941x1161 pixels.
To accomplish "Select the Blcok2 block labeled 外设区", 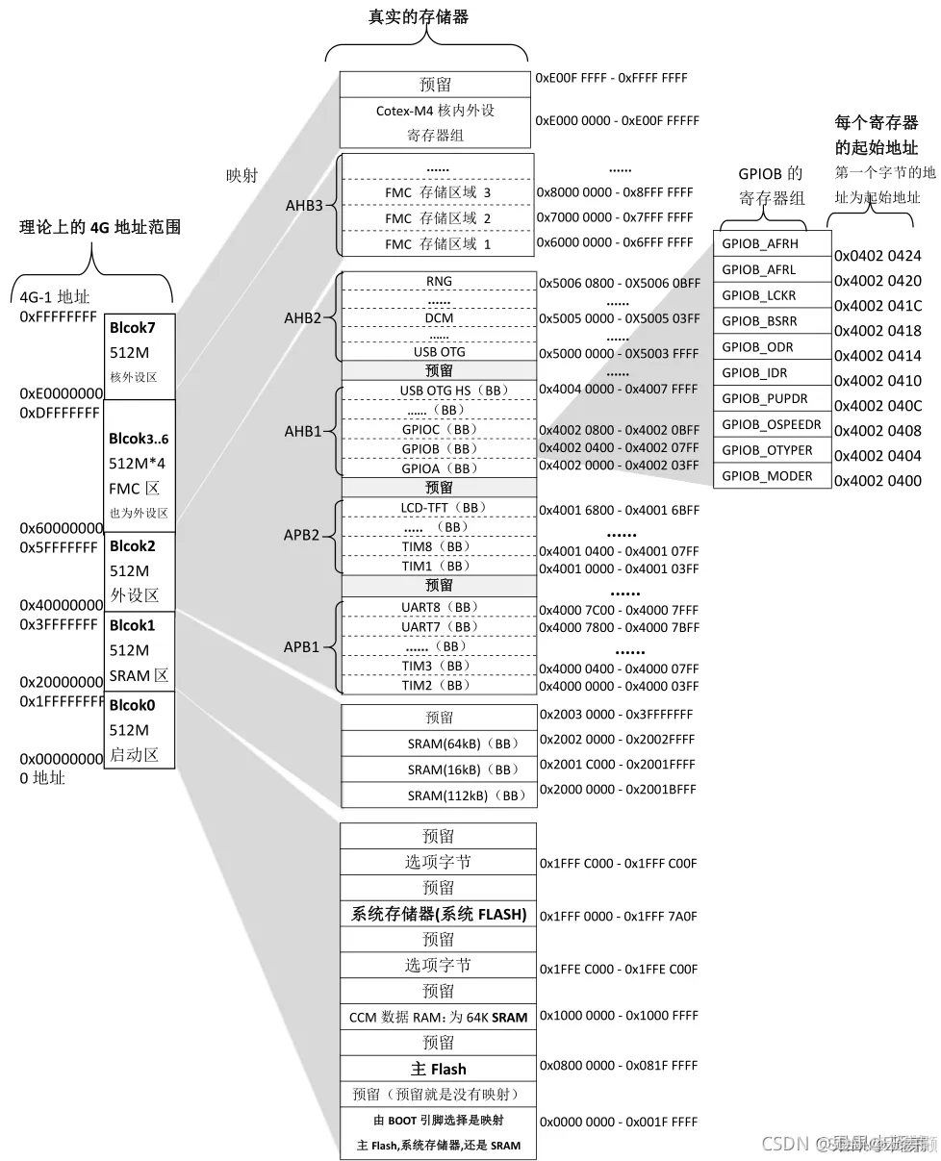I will [140, 570].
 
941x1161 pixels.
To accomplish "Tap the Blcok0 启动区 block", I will [140, 730].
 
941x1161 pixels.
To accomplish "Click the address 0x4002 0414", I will [877, 356].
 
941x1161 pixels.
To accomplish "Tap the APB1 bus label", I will [301, 647].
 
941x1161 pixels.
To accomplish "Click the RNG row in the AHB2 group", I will [439, 281].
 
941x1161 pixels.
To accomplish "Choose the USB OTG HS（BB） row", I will [439, 391].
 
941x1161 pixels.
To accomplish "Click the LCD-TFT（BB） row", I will [439, 507].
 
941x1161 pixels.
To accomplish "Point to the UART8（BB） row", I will [439, 607].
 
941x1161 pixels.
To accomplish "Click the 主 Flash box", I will [438, 1069].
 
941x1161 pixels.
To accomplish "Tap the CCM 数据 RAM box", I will [438, 1017].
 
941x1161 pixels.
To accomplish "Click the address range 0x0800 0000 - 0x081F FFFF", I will [619, 1066].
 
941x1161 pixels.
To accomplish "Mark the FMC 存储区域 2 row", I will [438, 218].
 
